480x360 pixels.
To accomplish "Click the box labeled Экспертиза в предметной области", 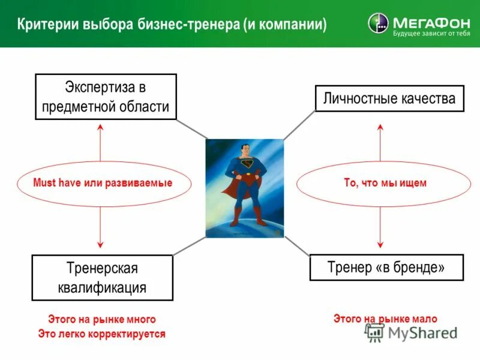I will [x=106, y=97].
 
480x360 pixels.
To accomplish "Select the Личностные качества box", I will [x=389, y=98].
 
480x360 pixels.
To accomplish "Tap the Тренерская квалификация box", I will [x=102, y=277].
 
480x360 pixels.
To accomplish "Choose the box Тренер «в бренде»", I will [x=386, y=268].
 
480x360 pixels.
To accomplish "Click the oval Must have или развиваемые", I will [x=103, y=183].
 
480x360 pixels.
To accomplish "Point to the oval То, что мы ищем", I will [x=385, y=183].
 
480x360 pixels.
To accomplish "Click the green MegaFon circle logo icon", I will [x=378, y=23].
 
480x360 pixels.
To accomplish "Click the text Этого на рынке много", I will [x=102, y=319].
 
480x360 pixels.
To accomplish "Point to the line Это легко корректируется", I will [x=101, y=334].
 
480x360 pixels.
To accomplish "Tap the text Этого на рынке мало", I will [x=385, y=319].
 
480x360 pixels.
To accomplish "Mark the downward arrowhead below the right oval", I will [x=380, y=244].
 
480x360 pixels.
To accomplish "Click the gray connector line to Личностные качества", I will [x=299, y=125].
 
